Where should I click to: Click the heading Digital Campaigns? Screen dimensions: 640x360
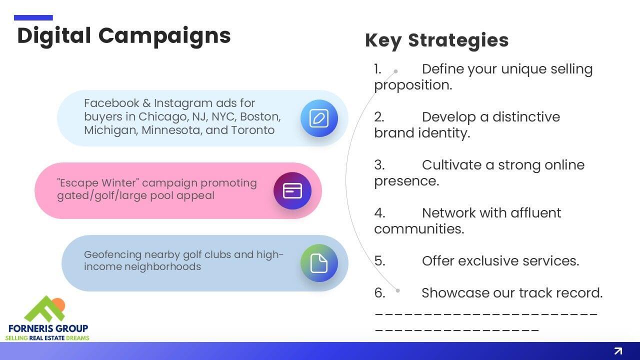coord(124,36)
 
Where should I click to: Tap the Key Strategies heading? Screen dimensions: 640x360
coord(437,40)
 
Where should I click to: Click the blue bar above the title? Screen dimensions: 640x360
coord(33,17)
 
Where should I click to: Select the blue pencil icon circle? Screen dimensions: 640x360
coord(319,118)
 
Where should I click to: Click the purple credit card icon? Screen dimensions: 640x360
coord(292,190)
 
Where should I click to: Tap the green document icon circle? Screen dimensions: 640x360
coord(319,263)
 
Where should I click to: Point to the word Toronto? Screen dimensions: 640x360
coord(252,130)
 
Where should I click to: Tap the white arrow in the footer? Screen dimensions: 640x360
coord(618,351)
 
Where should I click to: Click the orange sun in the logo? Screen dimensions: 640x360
coord(59,304)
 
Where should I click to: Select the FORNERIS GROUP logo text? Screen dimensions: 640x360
coord(48,328)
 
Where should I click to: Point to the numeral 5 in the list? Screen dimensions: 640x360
coord(379,261)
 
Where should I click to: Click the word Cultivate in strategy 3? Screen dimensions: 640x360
coord(451,165)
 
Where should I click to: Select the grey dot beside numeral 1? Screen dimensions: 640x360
coord(395,71)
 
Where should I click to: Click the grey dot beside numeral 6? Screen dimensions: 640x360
coord(397,291)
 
